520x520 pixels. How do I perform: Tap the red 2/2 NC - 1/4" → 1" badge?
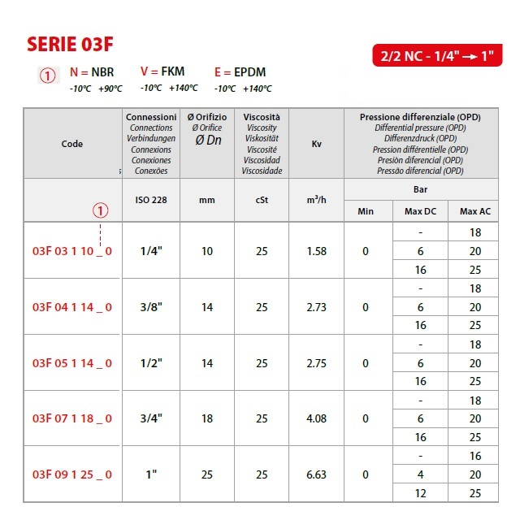(x=435, y=57)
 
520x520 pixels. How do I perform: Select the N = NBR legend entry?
(x=92, y=72)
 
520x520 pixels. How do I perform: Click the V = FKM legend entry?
(x=162, y=72)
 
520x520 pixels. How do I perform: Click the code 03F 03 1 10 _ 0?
(x=72, y=251)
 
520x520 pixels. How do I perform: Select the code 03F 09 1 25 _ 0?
(x=72, y=474)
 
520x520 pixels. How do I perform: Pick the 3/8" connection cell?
(x=150, y=307)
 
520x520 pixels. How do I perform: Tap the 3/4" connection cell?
(x=150, y=418)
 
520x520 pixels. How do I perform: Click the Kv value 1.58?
(x=316, y=251)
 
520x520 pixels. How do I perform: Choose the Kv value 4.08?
(x=316, y=418)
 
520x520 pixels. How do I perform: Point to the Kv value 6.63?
(x=316, y=474)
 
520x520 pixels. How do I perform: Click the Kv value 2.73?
(x=316, y=307)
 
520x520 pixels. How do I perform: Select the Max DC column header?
(x=420, y=211)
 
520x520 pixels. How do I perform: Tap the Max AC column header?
(x=475, y=211)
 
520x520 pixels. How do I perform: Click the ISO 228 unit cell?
(x=150, y=200)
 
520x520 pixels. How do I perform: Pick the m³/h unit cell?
(x=316, y=200)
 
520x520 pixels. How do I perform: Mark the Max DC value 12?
(x=420, y=493)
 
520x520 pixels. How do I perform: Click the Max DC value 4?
(x=420, y=474)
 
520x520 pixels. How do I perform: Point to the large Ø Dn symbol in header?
(x=207, y=140)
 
